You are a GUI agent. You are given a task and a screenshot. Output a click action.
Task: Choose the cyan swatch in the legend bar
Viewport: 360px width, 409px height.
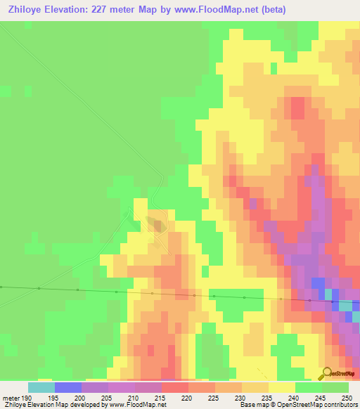point(41,387)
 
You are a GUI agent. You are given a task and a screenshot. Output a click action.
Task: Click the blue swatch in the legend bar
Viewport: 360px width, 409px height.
point(67,387)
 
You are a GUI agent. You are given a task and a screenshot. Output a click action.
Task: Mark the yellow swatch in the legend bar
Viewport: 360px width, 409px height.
point(281,387)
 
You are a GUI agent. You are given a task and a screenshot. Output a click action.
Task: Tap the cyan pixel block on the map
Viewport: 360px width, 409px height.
point(347,305)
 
